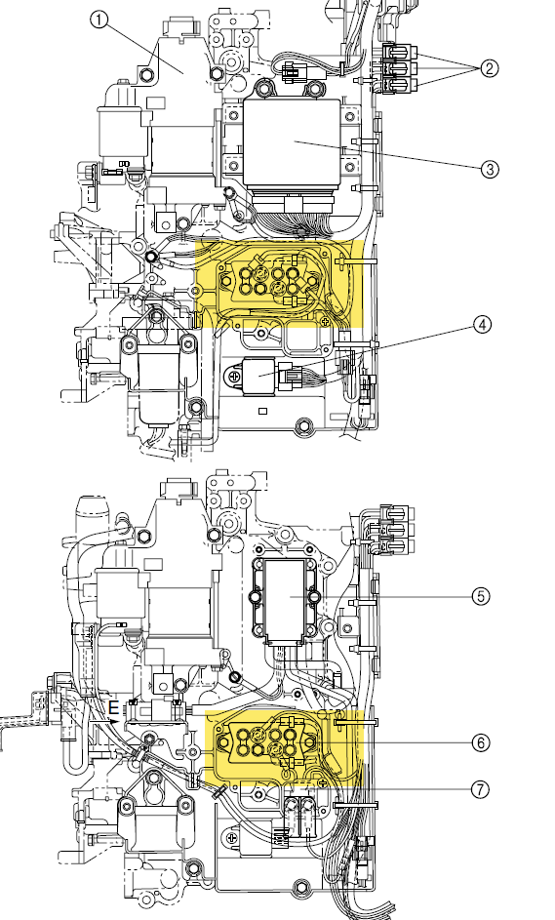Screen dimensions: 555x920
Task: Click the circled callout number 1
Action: click(99, 20)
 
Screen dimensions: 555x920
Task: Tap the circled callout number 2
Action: click(490, 68)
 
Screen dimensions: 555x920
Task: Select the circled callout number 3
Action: click(490, 170)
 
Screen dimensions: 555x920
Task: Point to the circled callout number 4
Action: click(482, 325)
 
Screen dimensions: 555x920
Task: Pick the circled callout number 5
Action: click(481, 597)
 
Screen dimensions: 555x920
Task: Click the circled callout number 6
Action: click(481, 742)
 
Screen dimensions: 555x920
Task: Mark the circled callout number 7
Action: click(480, 789)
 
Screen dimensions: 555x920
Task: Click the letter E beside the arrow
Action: click(113, 708)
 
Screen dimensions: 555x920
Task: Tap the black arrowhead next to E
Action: click(114, 721)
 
